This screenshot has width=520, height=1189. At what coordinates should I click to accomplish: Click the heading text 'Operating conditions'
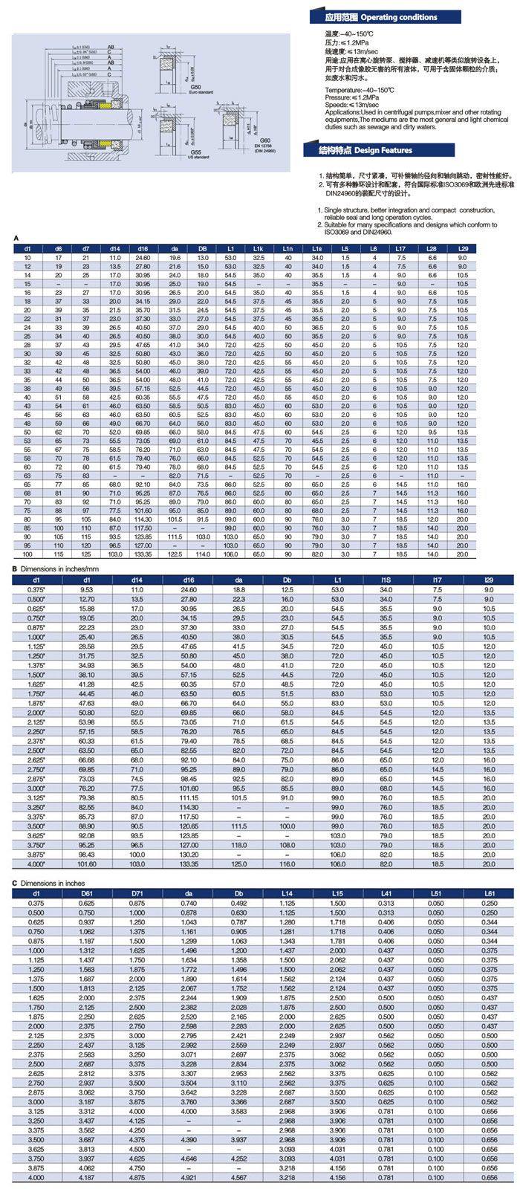399,17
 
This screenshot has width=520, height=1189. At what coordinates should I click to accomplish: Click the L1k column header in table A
259,248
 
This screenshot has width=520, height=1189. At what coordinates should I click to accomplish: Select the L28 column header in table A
432,248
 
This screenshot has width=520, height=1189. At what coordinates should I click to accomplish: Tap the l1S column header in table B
386,580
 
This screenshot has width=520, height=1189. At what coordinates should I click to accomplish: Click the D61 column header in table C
87,892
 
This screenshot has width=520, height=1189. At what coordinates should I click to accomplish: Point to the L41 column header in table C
386,892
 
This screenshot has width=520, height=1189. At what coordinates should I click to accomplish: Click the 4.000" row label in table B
36,864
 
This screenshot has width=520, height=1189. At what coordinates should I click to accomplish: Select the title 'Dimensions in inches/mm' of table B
56,569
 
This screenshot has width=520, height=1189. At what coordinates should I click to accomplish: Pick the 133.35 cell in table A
143,554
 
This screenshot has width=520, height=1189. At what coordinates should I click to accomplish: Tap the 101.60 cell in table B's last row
87,864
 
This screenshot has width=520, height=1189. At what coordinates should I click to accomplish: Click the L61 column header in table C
489,892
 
